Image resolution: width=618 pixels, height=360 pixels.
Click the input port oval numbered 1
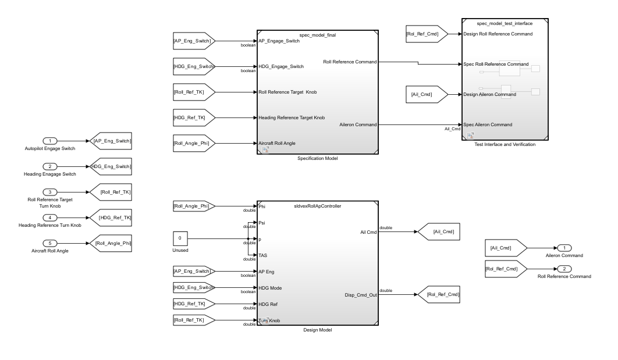tap(51, 141)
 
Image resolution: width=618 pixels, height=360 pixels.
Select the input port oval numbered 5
tap(51, 244)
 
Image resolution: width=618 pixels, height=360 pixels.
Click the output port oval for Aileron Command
tap(564, 248)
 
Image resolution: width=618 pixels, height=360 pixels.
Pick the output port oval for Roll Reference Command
tap(564, 269)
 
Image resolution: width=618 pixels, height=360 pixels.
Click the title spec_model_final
tap(318, 35)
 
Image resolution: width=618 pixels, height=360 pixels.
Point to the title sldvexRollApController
tap(318, 206)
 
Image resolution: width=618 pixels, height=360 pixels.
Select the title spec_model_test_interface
tap(505, 23)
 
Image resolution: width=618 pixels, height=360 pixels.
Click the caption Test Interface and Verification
tap(505, 144)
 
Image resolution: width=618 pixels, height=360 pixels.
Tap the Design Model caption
tap(318, 330)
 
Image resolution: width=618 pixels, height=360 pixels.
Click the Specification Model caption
tap(318, 158)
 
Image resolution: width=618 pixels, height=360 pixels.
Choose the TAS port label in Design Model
tap(263, 255)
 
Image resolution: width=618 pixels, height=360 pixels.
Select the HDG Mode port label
tap(272, 288)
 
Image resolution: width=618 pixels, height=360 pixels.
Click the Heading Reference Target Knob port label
tap(292, 117)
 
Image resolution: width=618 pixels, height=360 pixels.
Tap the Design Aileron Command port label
tap(489, 94)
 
